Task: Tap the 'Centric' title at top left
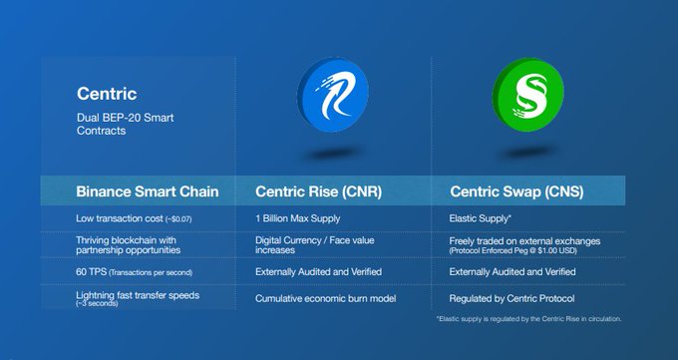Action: (x=106, y=96)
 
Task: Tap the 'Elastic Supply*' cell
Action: (x=481, y=217)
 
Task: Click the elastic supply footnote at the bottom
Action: (x=528, y=319)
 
